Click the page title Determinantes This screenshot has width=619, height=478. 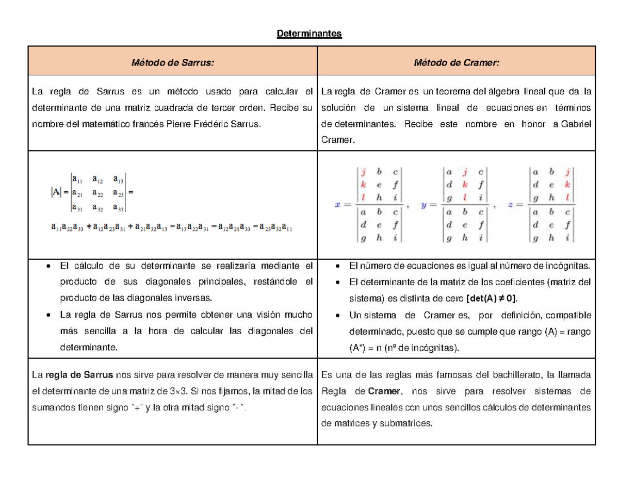pos(309,34)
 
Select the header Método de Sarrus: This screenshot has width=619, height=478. pos(172,62)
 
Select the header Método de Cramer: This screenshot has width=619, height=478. pos(456,62)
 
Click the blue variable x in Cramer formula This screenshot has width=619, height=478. pos(338,205)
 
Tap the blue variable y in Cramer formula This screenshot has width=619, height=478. pos(424,205)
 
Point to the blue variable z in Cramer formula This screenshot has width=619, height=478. pos(511,205)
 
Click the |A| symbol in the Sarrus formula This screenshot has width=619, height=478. pos(56,193)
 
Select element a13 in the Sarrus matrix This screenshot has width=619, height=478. pos(118,180)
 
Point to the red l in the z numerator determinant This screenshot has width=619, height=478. pos(568,196)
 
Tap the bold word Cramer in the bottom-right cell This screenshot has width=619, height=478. pos(383,391)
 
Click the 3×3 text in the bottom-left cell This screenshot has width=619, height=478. pos(178,391)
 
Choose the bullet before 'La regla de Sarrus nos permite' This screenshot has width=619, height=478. pos(48,315)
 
